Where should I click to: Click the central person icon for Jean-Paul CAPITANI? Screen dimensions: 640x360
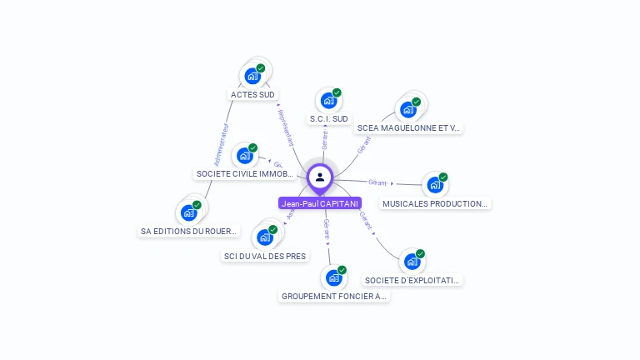[320, 177]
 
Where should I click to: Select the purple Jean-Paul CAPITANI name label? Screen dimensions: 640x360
[320, 203]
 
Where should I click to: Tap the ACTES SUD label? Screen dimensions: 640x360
[252, 95]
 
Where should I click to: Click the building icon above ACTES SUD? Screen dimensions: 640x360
[252, 76]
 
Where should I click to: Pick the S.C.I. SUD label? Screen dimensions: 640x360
[329, 119]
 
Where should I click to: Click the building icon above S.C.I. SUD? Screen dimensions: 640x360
[329, 101]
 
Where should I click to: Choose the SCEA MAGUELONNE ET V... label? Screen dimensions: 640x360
[408, 128]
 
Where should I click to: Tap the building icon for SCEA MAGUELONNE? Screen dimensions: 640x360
[408, 109]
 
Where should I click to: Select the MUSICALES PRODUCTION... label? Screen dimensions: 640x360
[435, 203]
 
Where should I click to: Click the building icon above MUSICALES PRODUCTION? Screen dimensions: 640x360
[435, 185]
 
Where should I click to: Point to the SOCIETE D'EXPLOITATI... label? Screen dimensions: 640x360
[412, 280]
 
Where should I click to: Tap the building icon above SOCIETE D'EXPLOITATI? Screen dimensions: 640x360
[412, 262]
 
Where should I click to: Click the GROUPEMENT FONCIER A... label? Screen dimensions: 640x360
[334, 296]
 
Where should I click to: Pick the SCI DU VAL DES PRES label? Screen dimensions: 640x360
[265, 256]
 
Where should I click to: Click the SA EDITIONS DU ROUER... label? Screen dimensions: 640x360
[188, 231]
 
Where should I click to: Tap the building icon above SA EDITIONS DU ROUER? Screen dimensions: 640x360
[188, 212]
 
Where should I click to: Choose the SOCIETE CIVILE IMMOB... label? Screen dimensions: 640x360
[244, 174]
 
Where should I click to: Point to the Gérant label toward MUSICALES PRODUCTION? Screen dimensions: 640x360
[378, 182]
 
